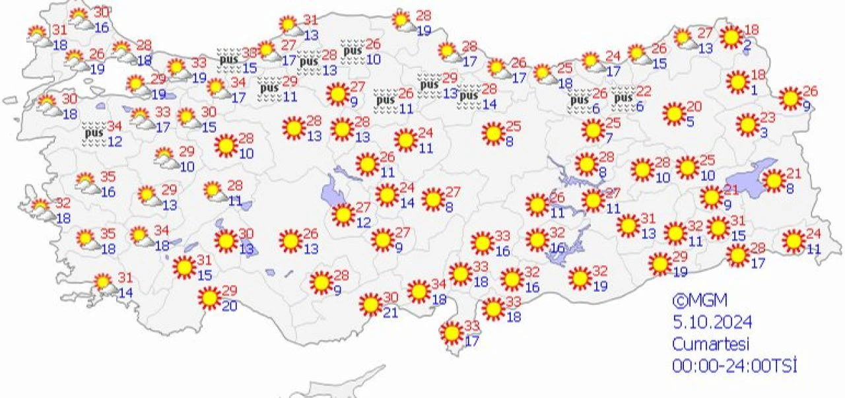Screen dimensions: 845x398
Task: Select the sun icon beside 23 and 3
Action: tap(748, 124)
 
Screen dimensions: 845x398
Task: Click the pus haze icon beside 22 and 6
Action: tap(623, 99)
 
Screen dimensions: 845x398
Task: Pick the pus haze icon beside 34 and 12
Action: tap(94, 134)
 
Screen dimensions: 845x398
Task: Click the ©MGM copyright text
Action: tap(700, 301)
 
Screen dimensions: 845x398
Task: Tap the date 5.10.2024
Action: tap(712, 323)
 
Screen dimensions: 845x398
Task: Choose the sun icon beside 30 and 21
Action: tap(370, 304)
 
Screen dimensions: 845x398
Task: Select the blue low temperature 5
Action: tap(689, 121)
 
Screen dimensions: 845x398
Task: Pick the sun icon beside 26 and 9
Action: tap(790, 98)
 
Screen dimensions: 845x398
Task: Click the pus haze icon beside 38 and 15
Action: tap(228, 59)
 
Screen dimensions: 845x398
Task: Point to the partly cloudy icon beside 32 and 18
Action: tap(42, 209)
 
